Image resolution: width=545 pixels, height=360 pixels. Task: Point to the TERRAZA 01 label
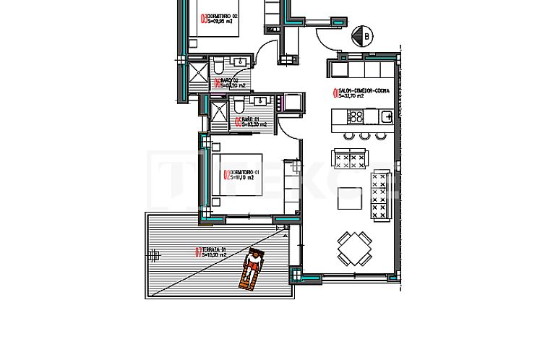(215, 251)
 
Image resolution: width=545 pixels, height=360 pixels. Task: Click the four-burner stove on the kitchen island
(356, 116)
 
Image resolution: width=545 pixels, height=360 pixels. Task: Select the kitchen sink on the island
(386, 116)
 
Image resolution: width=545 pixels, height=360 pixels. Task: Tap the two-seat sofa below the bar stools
(349, 157)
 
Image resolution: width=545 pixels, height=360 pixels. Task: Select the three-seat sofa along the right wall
(379, 193)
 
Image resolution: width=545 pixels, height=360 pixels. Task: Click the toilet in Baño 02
(218, 68)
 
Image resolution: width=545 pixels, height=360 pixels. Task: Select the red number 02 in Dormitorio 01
(226, 173)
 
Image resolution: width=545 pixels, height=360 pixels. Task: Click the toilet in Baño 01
(238, 107)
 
